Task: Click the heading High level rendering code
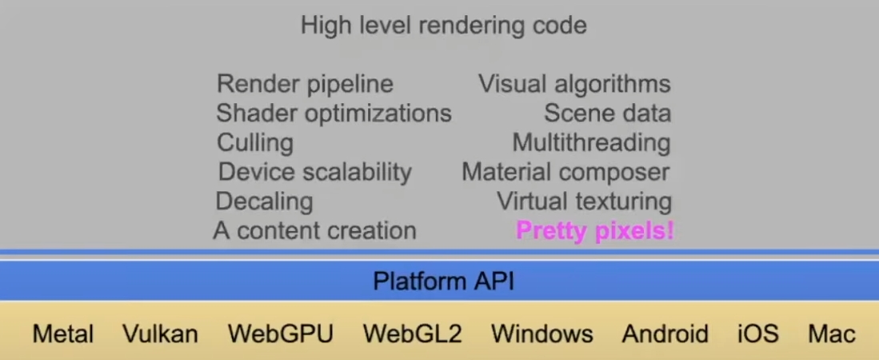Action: click(x=443, y=26)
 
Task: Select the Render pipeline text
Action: click(x=305, y=84)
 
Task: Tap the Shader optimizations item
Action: click(x=334, y=114)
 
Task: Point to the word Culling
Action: click(x=255, y=143)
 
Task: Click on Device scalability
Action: click(x=314, y=172)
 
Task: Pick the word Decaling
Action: click(x=264, y=201)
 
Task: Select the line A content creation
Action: click(x=314, y=230)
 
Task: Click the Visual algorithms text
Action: click(x=574, y=84)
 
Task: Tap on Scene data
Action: click(x=607, y=114)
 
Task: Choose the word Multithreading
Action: click(x=591, y=143)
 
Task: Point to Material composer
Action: click(x=565, y=172)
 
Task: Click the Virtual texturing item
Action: click(x=584, y=201)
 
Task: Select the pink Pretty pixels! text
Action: click(x=595, y=231)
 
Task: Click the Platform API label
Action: click(x=443, y=282)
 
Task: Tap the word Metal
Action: click(x=63, y=334)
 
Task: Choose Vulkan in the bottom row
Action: click(x=160, y=334)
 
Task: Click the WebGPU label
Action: click(x=280, y=334)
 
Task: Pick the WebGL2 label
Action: click(x=412, y=334)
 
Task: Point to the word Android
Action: click(x=665, y=334)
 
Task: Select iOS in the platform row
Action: click(x=757, y=334)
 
